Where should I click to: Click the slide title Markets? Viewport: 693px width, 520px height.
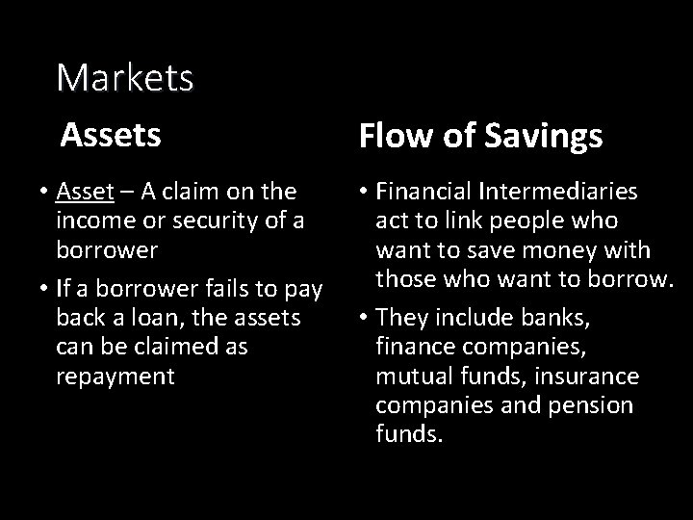click(125, 78)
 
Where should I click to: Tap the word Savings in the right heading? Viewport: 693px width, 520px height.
click(550, 137)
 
